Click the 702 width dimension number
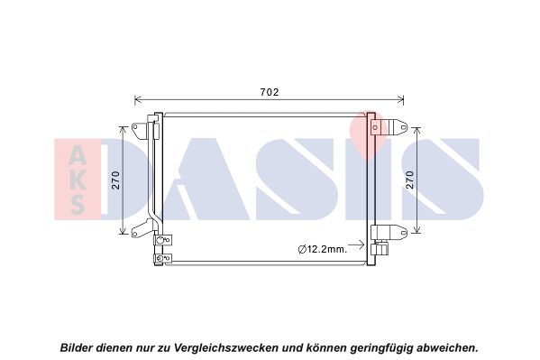tap(270, 92)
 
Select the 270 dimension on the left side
tap(116, 180)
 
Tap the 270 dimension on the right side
tap(410, 180)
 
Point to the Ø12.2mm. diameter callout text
tap(323, 249)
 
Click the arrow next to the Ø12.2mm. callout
tap(356, 245)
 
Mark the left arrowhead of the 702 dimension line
tap(137, 100)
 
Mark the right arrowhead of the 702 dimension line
tap(400, 100)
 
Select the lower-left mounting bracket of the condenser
tap(142, 228)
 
